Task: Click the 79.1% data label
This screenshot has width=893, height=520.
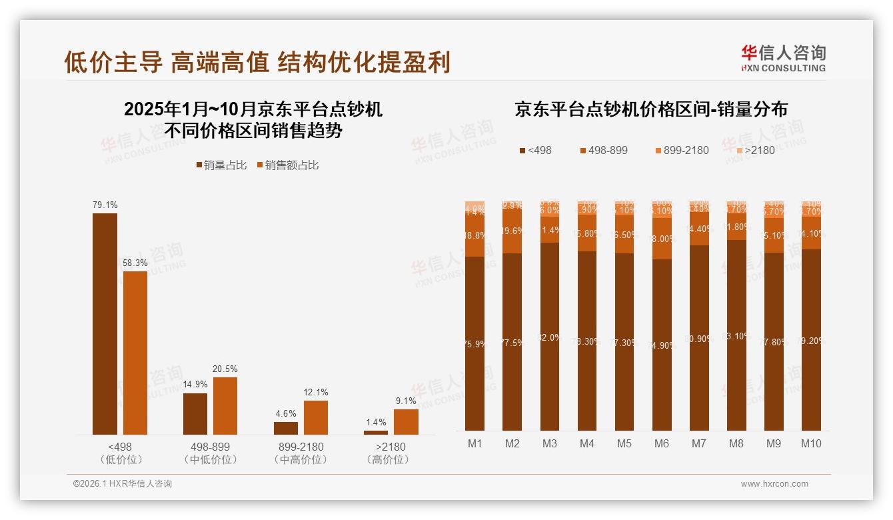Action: coord(105,205)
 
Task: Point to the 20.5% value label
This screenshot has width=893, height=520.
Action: coord(225,369)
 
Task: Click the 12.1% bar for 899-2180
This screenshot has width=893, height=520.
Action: coord(316,417)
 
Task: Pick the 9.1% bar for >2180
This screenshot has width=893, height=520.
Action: coord(406,421)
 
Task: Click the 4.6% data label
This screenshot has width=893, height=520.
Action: coord(285,413)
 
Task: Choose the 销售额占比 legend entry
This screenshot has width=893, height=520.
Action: coord(287,165)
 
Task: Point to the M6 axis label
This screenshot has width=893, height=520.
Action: coord(662,443)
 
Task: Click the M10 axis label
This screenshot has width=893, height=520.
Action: coord(811,443)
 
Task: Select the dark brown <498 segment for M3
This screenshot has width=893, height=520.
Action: coord(550,337)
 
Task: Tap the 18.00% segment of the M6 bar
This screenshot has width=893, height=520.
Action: coord(662,239)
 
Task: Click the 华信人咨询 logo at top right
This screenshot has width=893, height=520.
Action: coord(783,58)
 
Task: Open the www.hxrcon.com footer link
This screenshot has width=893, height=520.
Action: coord(774,484)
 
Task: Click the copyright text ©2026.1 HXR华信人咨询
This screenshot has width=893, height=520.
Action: coord(123,484)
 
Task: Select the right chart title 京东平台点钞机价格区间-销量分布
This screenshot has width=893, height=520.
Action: coord(650,109)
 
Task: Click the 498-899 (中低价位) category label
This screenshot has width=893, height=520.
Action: coord(210,453)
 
